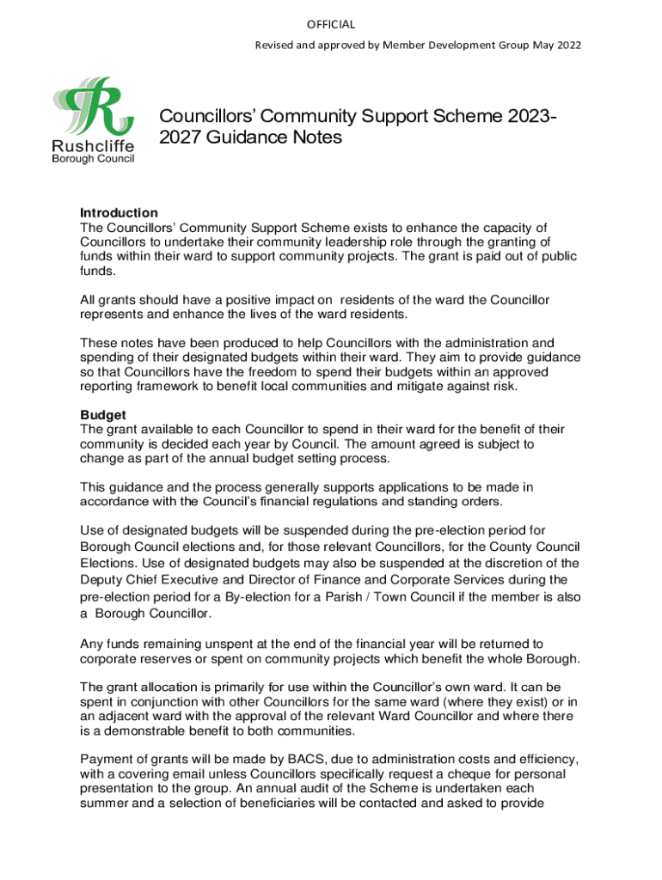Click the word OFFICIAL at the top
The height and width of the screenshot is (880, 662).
pos(331,24)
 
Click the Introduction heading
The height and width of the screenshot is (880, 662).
pos(119,212)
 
